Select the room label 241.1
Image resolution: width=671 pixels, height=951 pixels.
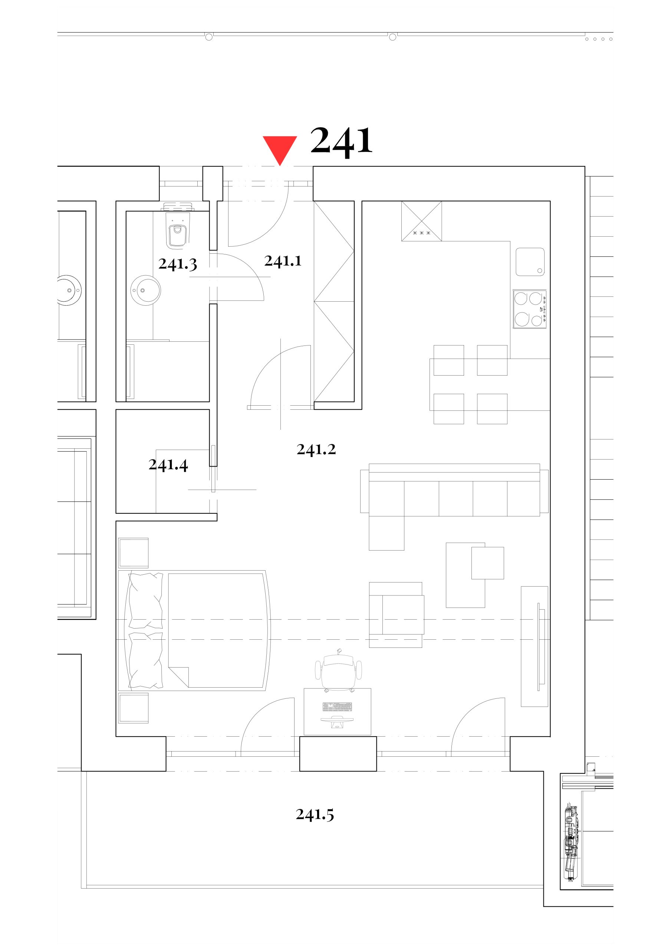pos(283,260)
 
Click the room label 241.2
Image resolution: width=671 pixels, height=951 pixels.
pos(316,449)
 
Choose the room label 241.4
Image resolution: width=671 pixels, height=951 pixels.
pos(168,465)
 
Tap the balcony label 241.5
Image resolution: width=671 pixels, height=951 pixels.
pos(315,814)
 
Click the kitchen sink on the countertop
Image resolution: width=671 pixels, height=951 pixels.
pos(530,262)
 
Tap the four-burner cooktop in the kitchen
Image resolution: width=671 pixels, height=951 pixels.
pos(530,309)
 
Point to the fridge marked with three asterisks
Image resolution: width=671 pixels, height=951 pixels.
pos(421,221)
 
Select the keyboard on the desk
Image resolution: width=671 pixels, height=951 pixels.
pos(337,707)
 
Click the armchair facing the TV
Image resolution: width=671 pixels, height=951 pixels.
pos(396,615)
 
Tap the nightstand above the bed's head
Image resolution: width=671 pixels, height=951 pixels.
pos(133,553)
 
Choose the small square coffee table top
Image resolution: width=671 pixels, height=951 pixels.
pos(488,563)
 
